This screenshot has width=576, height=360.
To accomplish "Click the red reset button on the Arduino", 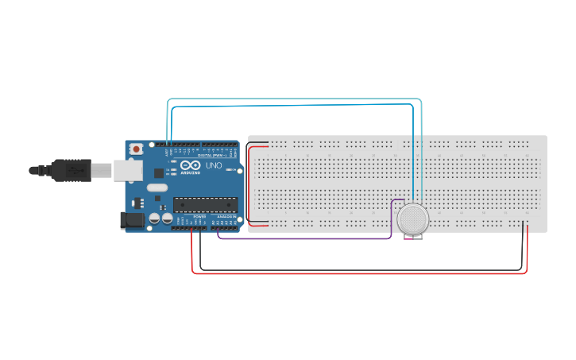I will (x=137, y=149).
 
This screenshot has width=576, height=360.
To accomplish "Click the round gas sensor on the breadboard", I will (x=413, y=218).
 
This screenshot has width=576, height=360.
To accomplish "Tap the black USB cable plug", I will (x=72, y=169).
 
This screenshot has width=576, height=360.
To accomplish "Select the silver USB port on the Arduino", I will (x=127, y=169).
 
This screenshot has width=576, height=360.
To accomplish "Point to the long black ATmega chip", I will (x=205, y=204).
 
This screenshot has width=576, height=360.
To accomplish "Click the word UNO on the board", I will (x=214, y=166).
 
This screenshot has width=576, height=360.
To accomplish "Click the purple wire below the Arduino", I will (x=302, y=238).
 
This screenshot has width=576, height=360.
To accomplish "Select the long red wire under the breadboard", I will (x=358, y=273).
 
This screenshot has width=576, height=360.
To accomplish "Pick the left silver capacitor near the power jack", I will (x=154, y=218).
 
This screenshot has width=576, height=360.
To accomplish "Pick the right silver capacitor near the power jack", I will (x=167, y=218).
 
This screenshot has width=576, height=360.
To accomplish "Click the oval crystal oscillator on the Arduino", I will (x=157, y=188).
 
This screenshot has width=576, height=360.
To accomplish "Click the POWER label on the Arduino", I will (x=199, y=216).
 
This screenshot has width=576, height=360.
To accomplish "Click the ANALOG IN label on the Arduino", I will (x=226, y=216).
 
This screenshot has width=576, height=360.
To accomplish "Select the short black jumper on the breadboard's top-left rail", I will (x=258, y=143).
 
